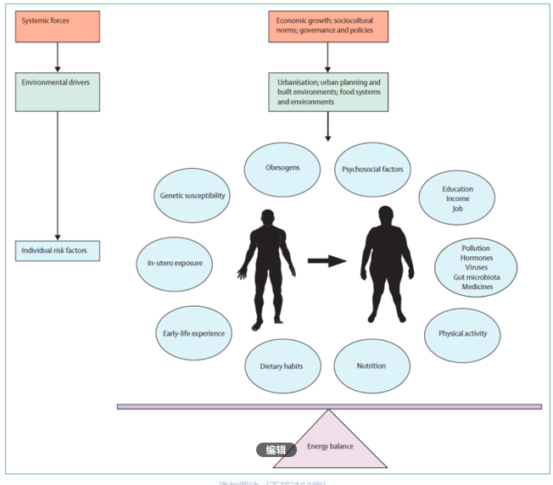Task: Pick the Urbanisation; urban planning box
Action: pos(328,92)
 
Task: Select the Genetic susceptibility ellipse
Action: pos(193,195)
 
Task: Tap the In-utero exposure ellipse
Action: pos(175,264)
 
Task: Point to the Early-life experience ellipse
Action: pos(193,333)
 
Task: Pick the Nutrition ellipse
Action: pos(371,366)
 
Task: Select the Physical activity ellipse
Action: pos(462,333)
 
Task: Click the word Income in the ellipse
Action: pos(457,198)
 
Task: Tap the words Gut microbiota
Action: pos(476,277)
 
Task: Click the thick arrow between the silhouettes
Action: pos(327,260)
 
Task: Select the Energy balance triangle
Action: pos(329,441)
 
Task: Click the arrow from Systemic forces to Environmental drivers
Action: pos(57,59)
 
